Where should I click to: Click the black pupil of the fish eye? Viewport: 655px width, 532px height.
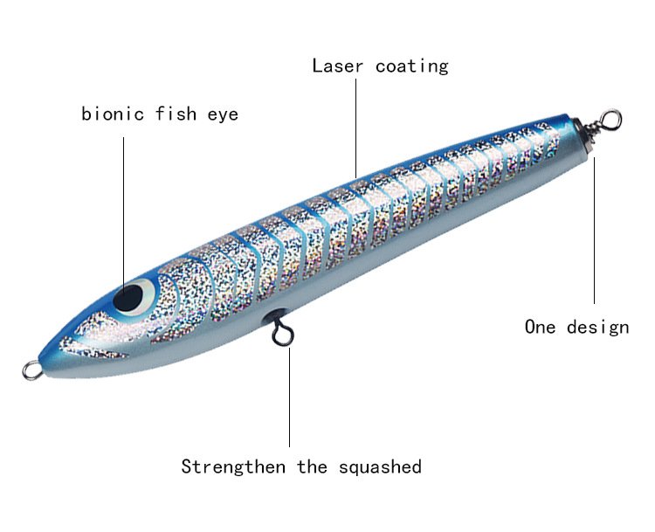pos(128,298)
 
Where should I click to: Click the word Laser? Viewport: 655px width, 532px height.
pos(337,66)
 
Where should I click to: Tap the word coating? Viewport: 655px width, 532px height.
pos(411,67)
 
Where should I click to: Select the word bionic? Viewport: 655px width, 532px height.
pos(113,114)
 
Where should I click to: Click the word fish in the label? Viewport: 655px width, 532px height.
pos(176,114)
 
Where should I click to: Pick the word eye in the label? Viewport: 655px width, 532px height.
pos(223,115)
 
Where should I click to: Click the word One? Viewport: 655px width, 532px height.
pos(540,327)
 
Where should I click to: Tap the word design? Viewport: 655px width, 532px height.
pos(597,328)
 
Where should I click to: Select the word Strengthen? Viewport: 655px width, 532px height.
pos(233,466)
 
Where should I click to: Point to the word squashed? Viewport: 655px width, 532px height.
pos(380,467)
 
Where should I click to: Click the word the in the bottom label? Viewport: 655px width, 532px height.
pos(312,466)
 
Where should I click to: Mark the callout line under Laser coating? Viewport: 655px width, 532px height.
pos(356,128)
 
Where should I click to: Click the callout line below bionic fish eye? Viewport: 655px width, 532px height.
pos(124,212)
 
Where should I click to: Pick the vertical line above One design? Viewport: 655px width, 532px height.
pos(594,231)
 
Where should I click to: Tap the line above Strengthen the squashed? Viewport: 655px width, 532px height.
pos(289,397)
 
